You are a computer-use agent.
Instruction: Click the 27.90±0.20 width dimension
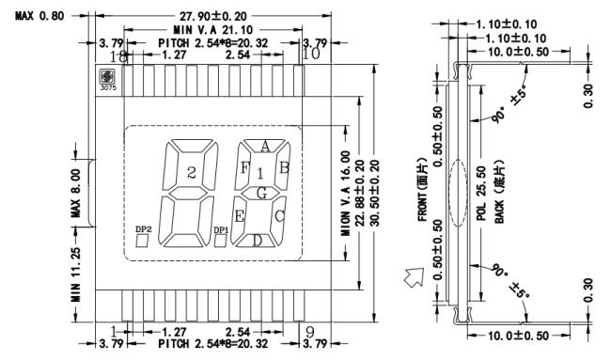point(213,16)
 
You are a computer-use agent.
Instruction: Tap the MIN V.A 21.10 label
point(213,30)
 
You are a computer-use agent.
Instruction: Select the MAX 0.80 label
point(39,16)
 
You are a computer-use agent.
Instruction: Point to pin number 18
point(118,57)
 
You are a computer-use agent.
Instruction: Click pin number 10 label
point(311,54)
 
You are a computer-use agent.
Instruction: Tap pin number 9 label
point(310,333)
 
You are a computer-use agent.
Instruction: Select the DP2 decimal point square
point(143,242)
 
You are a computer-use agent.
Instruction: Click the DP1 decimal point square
point(221,241)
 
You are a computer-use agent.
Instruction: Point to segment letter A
point(265,147)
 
